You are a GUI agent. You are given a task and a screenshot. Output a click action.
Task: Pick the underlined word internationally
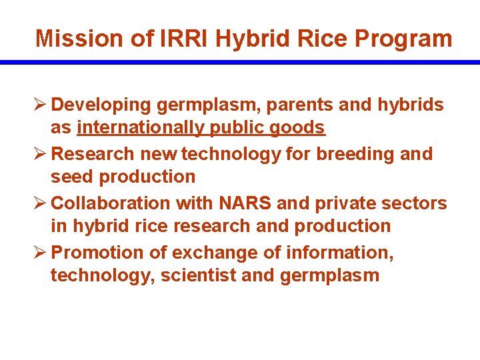coord(151,127)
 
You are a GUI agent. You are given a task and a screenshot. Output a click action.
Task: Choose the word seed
coord(71,177)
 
